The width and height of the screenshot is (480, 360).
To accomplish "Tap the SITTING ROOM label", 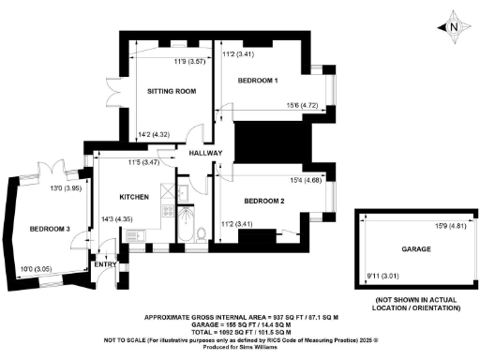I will (x=172, y=92).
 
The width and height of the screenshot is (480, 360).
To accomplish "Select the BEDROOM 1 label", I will (x=257, y=82).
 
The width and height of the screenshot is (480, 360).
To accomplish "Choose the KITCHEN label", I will (x=134, y=197).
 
